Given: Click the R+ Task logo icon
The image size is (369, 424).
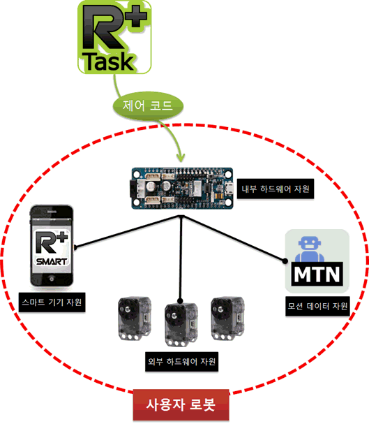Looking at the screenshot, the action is (114, 37).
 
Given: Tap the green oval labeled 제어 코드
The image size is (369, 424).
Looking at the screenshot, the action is (148, 105).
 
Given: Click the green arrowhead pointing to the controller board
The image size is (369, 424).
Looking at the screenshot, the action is (181, 157).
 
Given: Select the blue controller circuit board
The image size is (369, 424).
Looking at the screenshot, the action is (182, 189).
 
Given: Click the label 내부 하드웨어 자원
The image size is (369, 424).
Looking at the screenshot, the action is (276, 189).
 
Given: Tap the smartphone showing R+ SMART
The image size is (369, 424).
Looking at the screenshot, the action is (52, 246).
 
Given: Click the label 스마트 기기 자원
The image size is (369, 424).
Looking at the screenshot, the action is (52, 302).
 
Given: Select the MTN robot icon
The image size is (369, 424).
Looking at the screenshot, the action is (317, 261).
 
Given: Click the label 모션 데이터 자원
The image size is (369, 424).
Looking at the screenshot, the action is (317, 306).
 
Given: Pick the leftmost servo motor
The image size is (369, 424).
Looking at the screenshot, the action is (135, 319).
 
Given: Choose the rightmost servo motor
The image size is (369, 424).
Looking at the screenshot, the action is (227, 319).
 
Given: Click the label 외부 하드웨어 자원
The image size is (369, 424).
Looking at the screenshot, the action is (181, 362).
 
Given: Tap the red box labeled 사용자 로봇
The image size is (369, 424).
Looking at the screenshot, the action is (181, 405).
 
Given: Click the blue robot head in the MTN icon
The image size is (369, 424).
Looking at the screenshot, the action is (309, 244).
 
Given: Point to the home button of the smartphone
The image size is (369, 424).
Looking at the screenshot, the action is (52, 278).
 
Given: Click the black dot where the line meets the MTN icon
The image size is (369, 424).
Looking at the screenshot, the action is (285, 261).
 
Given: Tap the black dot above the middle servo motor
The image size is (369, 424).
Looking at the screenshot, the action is (181, 300).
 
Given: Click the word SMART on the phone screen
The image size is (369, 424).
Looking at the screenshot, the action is (52, 261).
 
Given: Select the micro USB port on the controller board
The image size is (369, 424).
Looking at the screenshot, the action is (229, 188).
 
